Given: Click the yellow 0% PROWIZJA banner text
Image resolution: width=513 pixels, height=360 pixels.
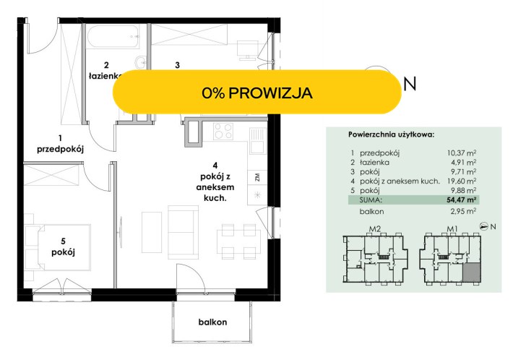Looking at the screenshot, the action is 256,93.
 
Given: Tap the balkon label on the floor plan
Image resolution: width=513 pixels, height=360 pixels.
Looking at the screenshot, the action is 212,322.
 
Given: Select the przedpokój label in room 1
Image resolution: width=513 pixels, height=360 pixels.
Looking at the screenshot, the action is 60,149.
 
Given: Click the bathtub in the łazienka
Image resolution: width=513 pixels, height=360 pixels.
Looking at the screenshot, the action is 114,36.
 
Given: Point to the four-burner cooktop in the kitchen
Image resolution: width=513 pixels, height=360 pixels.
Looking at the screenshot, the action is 223,132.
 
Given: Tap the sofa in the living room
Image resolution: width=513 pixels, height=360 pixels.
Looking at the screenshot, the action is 183,232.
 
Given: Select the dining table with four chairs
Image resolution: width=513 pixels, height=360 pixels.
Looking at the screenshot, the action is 239,241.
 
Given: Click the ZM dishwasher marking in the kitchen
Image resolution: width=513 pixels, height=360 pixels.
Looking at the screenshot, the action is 257,177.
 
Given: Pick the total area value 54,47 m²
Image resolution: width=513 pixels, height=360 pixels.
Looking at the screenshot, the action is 461,200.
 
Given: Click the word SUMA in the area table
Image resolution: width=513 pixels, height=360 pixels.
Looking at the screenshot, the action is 371,200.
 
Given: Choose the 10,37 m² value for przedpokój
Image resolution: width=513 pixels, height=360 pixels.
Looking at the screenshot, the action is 461,153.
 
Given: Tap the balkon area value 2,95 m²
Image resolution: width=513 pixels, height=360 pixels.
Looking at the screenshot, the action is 463,211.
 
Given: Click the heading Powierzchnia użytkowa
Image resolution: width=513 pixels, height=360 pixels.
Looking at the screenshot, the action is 392,134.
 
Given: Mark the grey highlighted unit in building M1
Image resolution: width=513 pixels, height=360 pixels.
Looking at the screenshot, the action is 471,272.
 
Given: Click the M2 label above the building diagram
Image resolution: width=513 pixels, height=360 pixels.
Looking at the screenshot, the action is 375,228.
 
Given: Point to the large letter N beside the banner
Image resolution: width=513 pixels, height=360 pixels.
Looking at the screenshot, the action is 410,84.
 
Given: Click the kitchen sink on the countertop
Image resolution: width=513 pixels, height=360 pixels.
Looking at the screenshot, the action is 257,141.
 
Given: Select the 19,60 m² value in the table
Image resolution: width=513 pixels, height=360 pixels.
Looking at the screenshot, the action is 461,181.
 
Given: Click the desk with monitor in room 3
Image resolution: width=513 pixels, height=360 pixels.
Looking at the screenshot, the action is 248,50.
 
